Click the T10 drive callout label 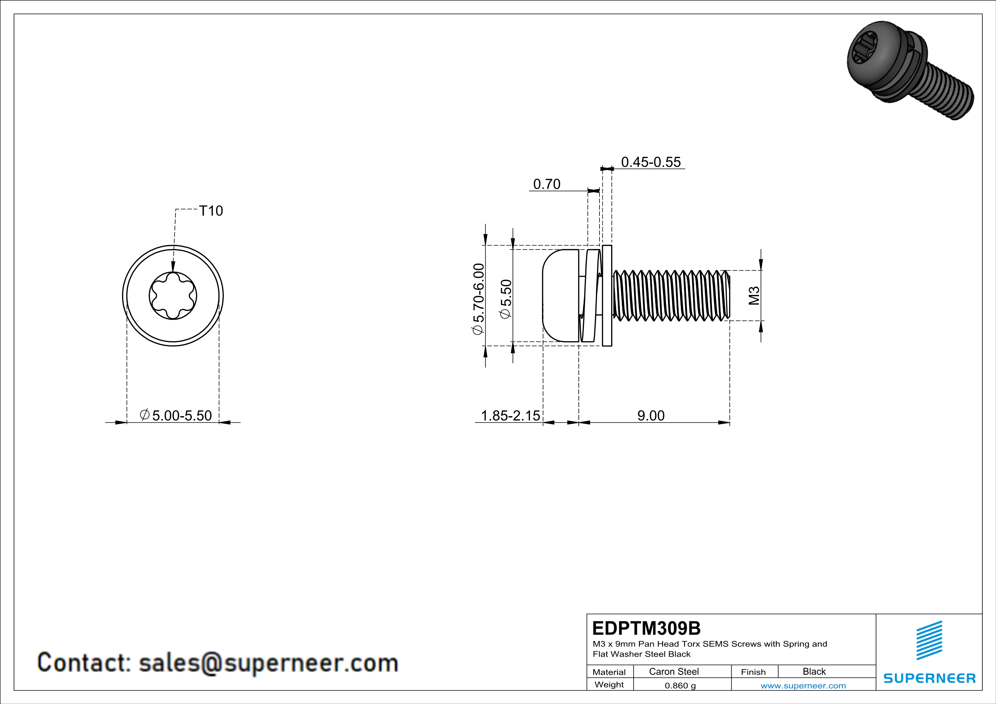point(211,211)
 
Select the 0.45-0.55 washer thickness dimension point(651,162)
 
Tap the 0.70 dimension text point(547,184)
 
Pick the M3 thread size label point(754,296)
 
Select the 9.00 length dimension point(651,415)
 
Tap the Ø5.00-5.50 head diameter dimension point(176,415)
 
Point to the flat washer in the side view point(607,296)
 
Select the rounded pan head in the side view point(560,296)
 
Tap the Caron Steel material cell point(674,671)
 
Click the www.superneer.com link point(803,685)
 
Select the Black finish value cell point(814,671)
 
